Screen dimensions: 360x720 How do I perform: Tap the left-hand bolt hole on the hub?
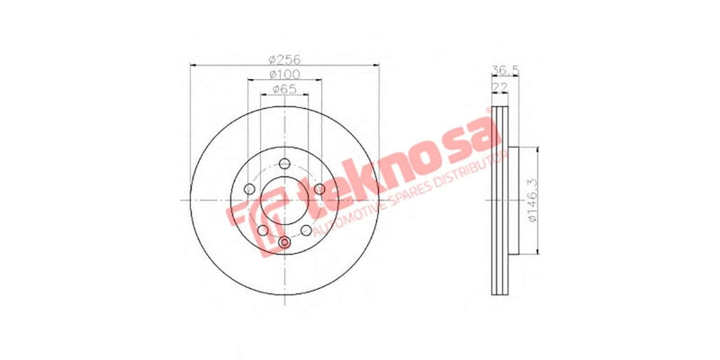(247, 190)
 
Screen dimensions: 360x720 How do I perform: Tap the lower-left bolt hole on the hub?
(262, 231)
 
